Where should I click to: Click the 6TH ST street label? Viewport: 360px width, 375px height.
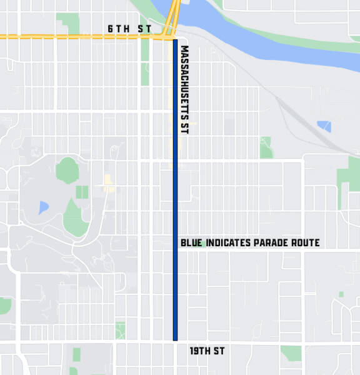tap(129, 29)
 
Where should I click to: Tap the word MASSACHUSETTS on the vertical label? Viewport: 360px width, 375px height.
tap(184, 80)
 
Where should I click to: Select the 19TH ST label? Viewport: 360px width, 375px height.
tap(207, 351)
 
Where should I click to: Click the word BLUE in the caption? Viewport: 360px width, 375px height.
tap(191, 242)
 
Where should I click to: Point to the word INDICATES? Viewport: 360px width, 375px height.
tap(229, 242)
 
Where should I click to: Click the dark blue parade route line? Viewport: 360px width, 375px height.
tap(176, 187)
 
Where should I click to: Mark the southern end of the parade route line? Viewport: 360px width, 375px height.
tap(176, 339)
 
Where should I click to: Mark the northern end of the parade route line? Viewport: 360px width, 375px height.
tap(176, 41)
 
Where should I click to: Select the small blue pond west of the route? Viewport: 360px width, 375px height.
tap(42, 207)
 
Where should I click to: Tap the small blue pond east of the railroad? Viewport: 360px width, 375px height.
tap(324, 126)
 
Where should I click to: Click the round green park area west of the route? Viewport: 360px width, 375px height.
tap(66, 169)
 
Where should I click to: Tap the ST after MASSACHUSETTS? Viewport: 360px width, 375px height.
tap(184, 127)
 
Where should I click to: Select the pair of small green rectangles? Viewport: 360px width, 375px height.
tap(82, 192)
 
